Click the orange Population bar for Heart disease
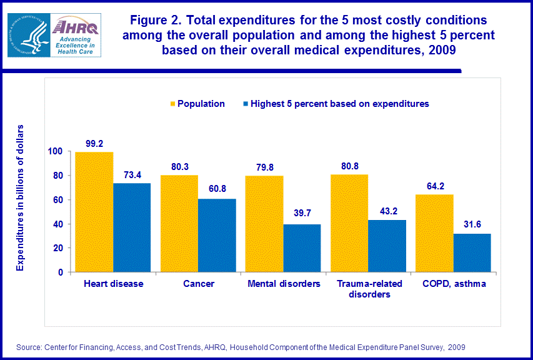(94, 212)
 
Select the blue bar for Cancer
(217, 236)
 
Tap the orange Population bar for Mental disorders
(264, 224)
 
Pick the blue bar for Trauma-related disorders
(387, 246)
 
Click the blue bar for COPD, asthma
(472, 253)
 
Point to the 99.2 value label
(94, 143)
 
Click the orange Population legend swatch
(171, 104)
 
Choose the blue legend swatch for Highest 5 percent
(245, 104)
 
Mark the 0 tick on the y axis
(60, 272)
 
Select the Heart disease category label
(113, 284)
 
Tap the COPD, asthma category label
(453, 284)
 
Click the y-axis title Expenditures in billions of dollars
(20, 197)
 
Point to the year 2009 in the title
(445, 51)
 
